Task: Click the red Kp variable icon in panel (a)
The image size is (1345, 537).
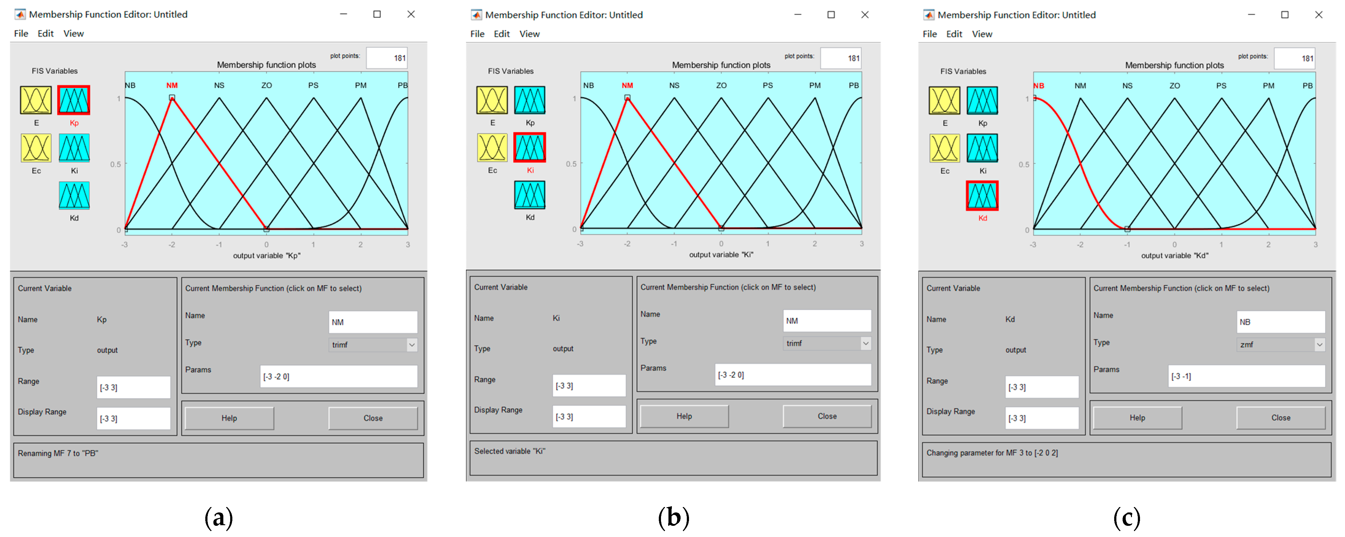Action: pos(74,100)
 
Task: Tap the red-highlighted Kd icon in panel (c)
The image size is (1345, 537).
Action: pos(982,196)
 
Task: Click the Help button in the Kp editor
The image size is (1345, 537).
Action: pos(229,418)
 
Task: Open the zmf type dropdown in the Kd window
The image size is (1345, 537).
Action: pos(1280,344)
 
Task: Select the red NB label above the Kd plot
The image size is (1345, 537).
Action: pos(1039,85)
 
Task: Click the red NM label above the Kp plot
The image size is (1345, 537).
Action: pos(172,85)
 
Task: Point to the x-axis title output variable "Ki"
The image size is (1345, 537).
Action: pos(721,255)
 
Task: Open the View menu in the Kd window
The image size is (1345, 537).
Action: pos(982,34)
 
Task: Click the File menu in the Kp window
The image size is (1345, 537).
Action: pos(21,33)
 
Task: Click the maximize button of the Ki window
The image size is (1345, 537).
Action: pos(831,15)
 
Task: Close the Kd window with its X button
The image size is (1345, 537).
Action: pos(1318,15)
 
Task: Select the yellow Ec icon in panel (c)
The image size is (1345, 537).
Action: pos(945,148)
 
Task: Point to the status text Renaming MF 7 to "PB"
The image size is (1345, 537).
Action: pos(58,453)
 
